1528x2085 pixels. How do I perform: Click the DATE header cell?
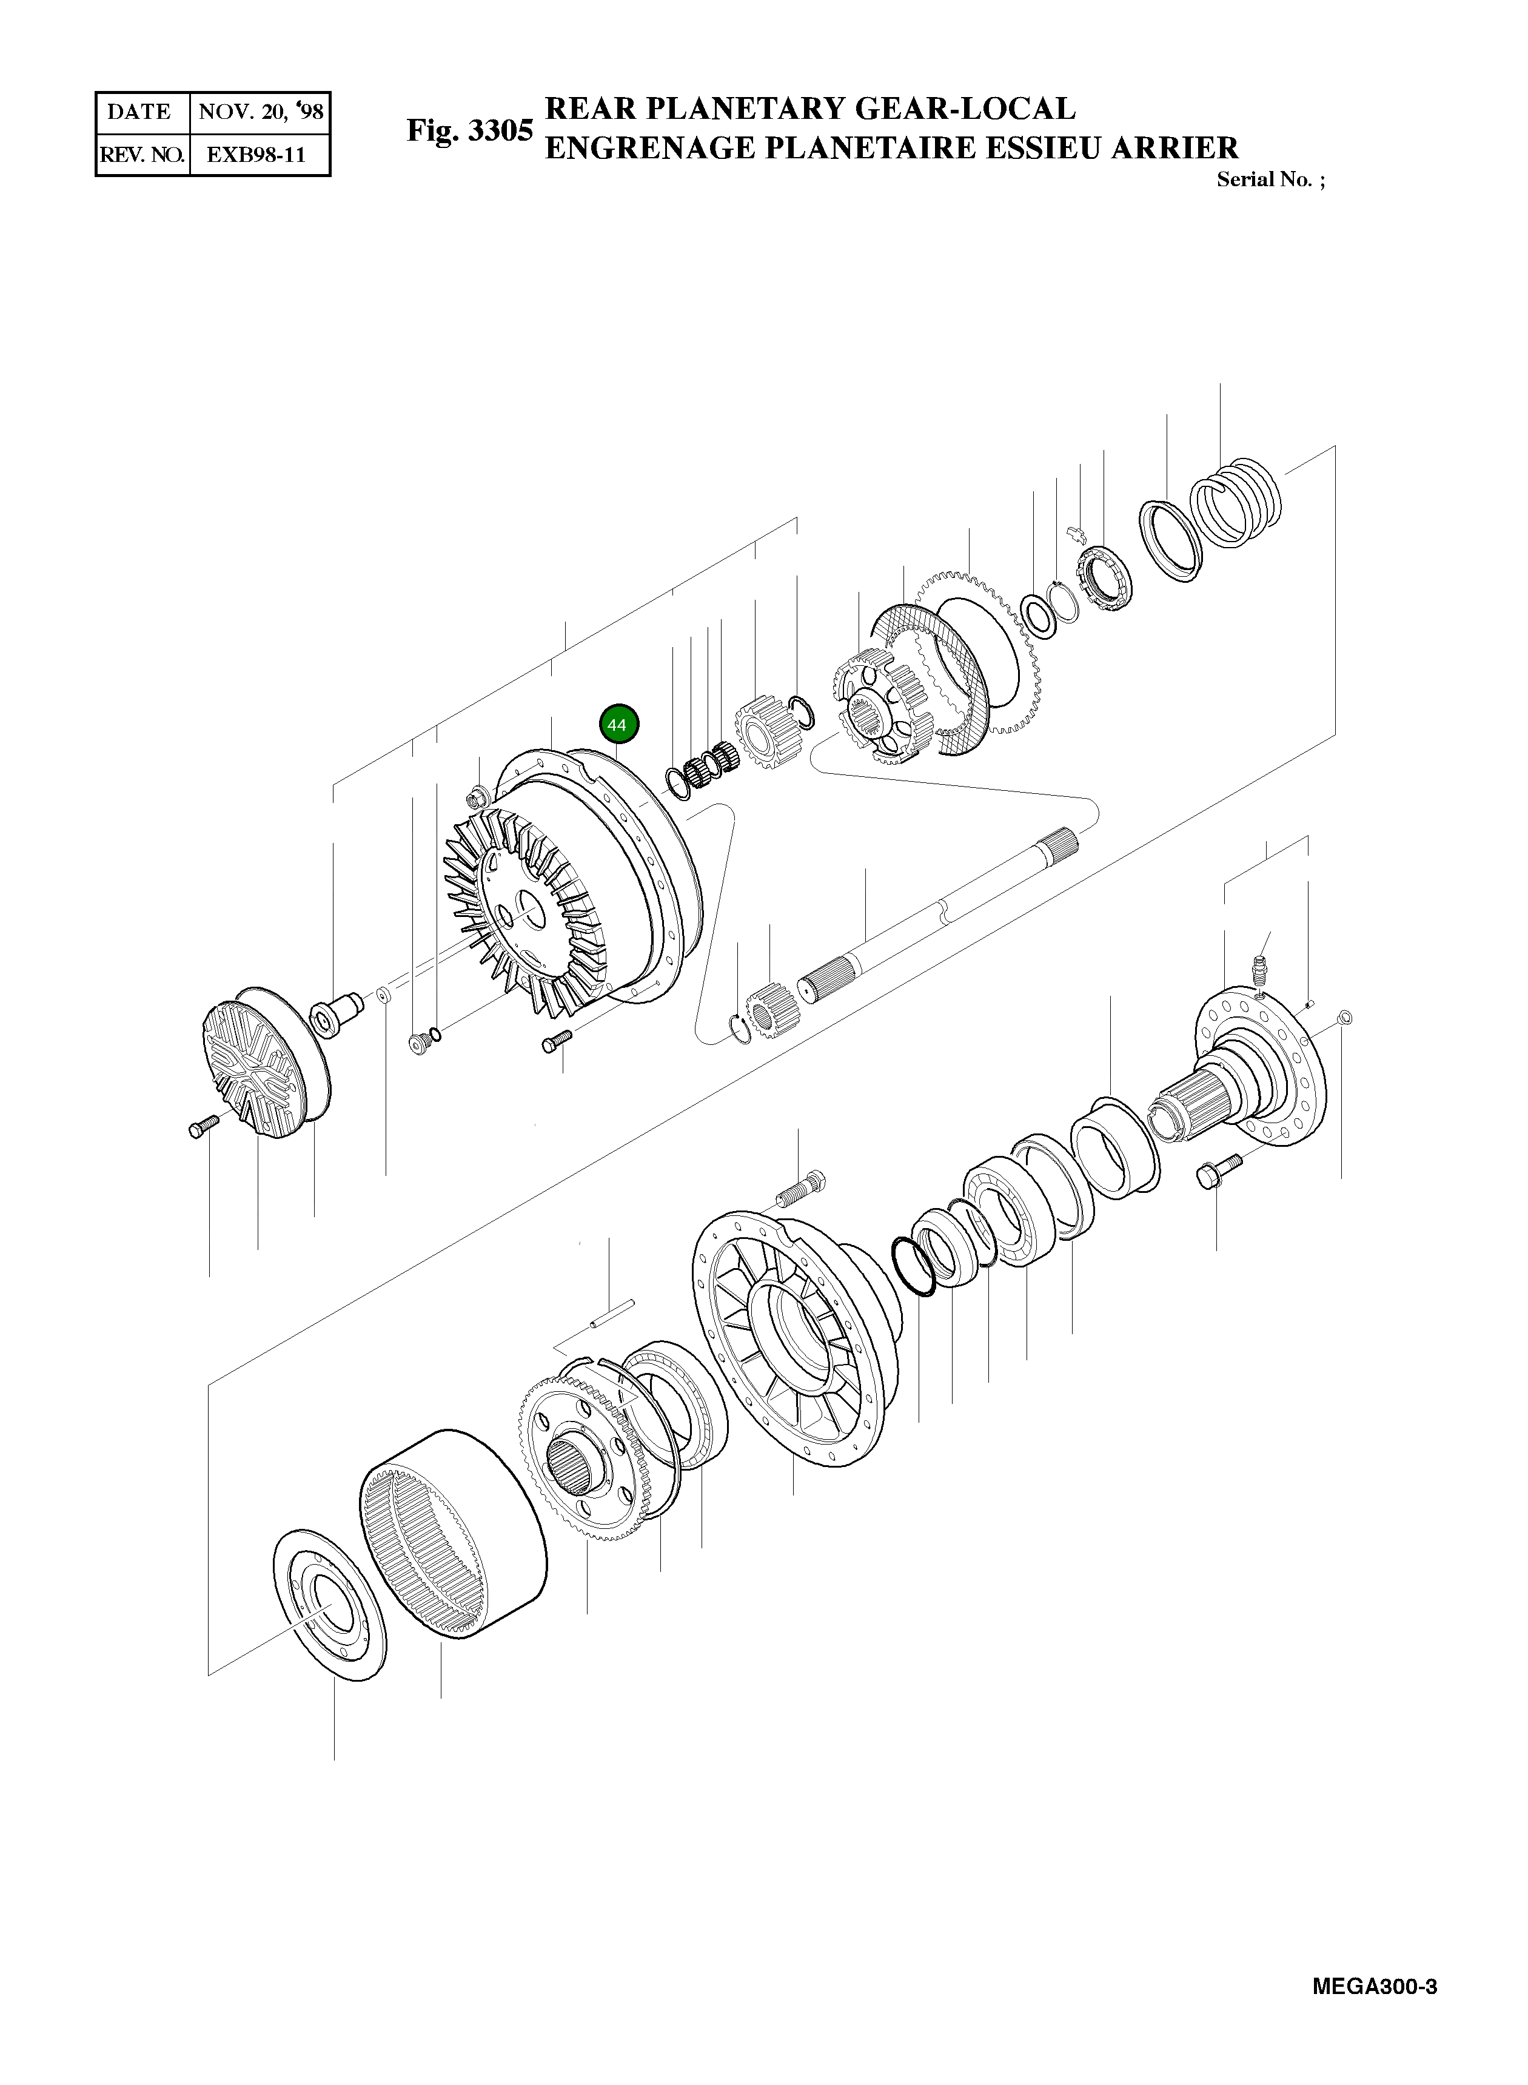[x=139, y=112]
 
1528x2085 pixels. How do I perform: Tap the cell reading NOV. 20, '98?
[x=261, y=112]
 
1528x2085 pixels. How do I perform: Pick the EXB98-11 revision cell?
[x=256, y=155]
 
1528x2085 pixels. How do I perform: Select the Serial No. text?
[x=1269, y=180]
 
